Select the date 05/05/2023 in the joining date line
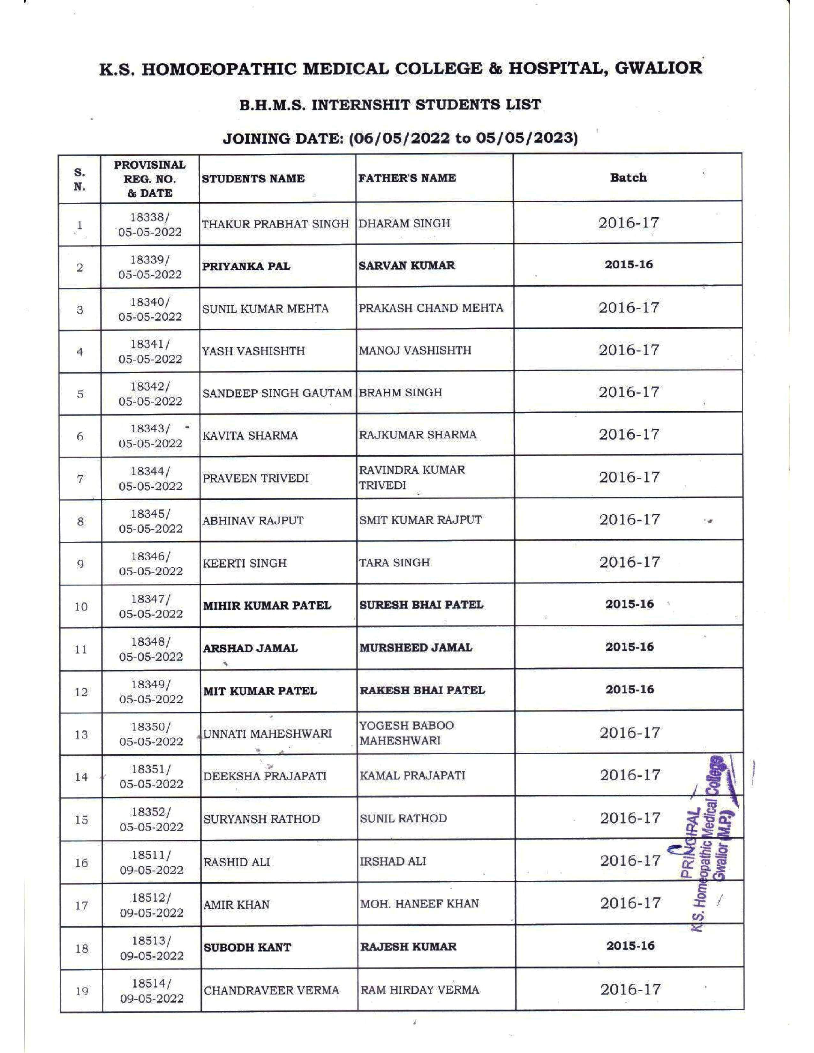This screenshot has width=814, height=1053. tap(527, 138)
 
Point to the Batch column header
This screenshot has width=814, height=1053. tap(628, 177)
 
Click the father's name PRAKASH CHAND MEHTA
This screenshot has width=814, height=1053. tap(431, 308)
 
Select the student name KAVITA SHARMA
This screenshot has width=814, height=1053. tap(250, 435)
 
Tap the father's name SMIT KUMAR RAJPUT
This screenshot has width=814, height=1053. tap(420, 520)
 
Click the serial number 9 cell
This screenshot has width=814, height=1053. tap(80, 564)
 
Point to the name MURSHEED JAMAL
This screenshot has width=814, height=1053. tap(416, 647)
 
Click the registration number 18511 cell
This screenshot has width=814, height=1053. tap(151, 862)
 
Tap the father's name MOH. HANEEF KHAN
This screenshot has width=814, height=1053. tap(419, 904)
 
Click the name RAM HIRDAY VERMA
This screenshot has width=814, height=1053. tap(419, 990)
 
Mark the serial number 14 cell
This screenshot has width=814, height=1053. tap(81, 777)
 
